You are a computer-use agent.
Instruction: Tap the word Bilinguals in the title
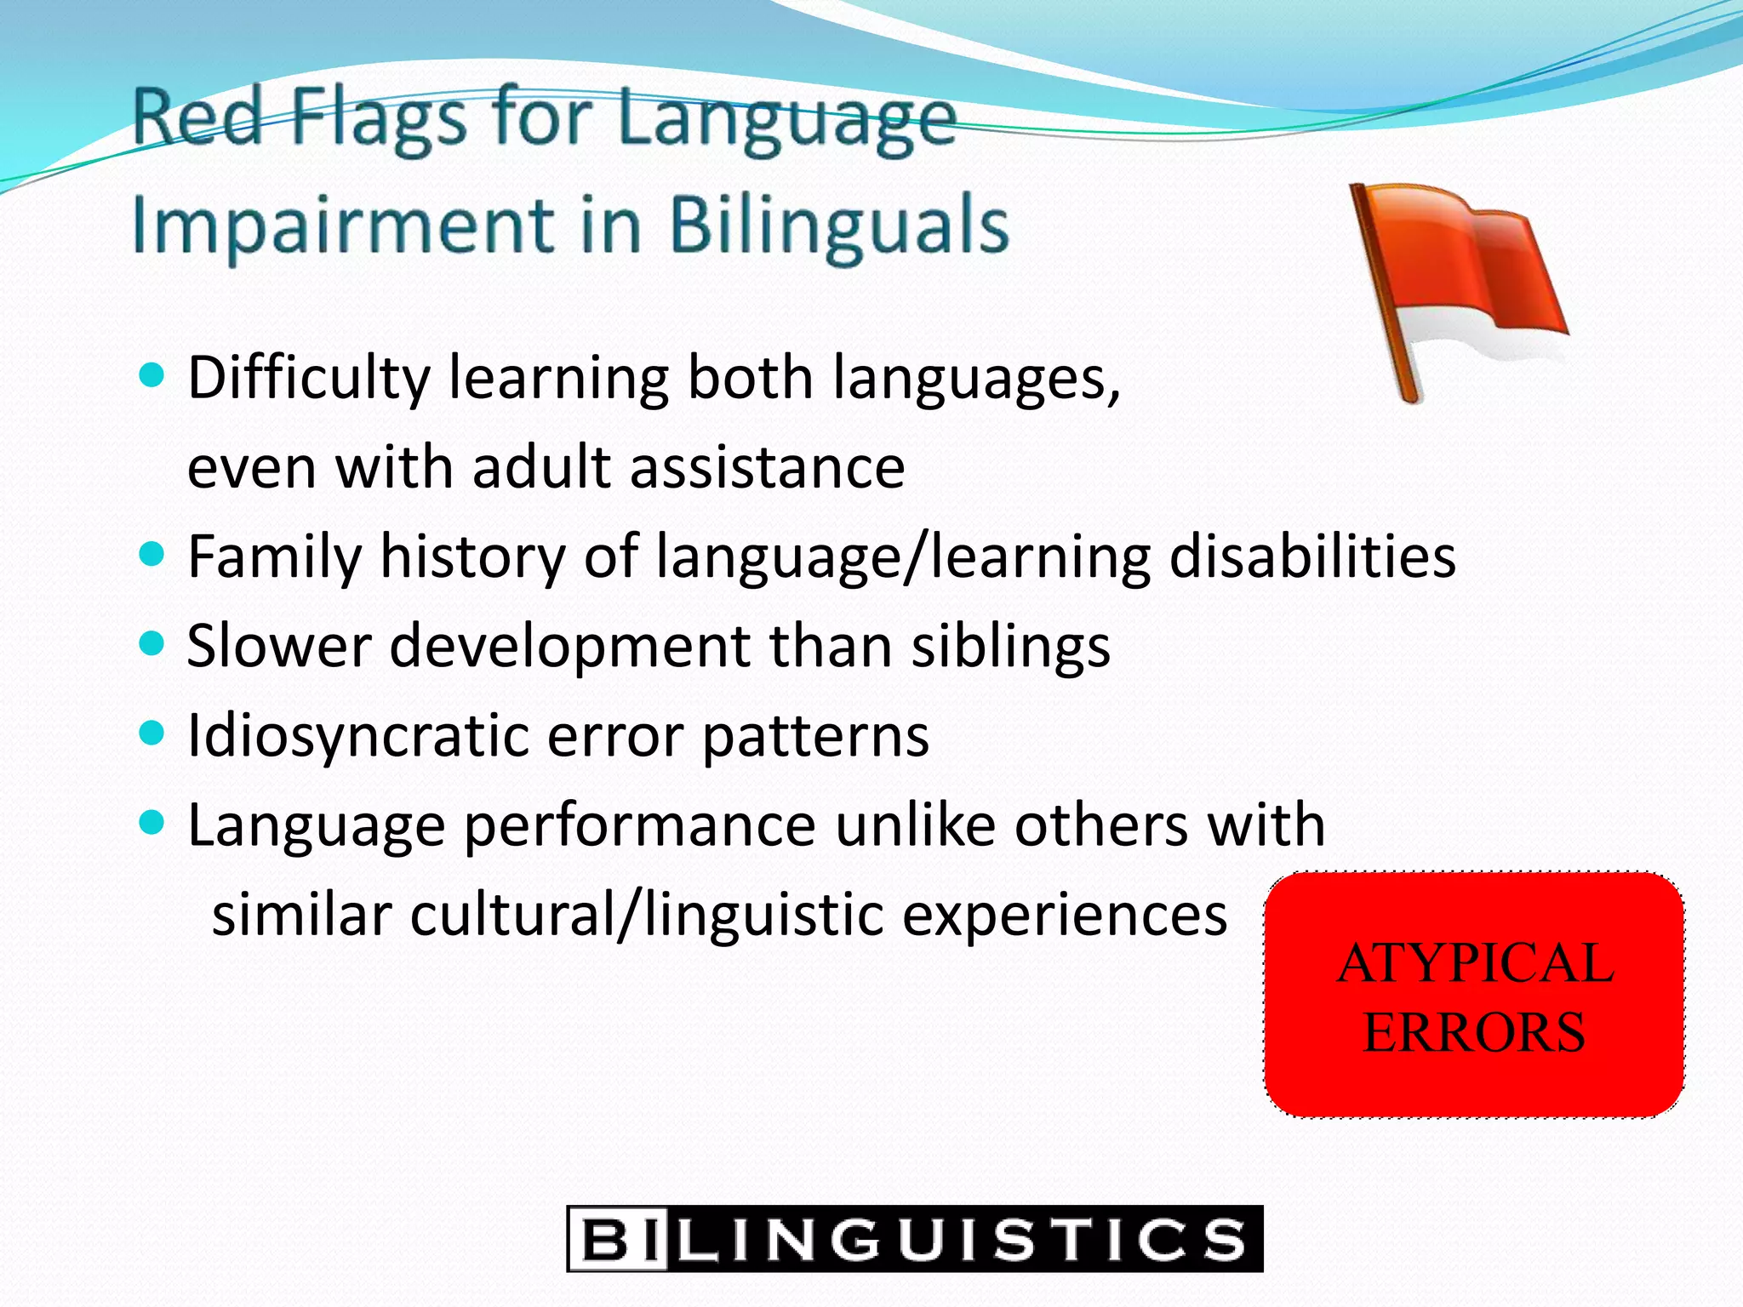click(838, 225)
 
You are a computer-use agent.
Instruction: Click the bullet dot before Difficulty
click(151, 375)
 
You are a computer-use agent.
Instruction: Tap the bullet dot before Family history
click(151, 555)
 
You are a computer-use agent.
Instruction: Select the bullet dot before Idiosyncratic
click(151, 733)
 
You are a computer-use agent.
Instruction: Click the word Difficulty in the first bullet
click(308, 379)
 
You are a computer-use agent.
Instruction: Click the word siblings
click(1010, 647)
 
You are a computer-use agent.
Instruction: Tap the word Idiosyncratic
click(357, 736)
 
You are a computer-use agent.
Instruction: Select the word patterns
click(815, 738)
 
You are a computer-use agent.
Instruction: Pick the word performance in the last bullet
click(640, 827)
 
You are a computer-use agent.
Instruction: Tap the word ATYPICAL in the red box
click(1475, 964)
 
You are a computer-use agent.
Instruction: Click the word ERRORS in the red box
click(1474, 1033)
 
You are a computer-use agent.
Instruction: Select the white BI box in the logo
click(619, 1239)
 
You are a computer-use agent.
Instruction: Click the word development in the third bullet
click(569, 647)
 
